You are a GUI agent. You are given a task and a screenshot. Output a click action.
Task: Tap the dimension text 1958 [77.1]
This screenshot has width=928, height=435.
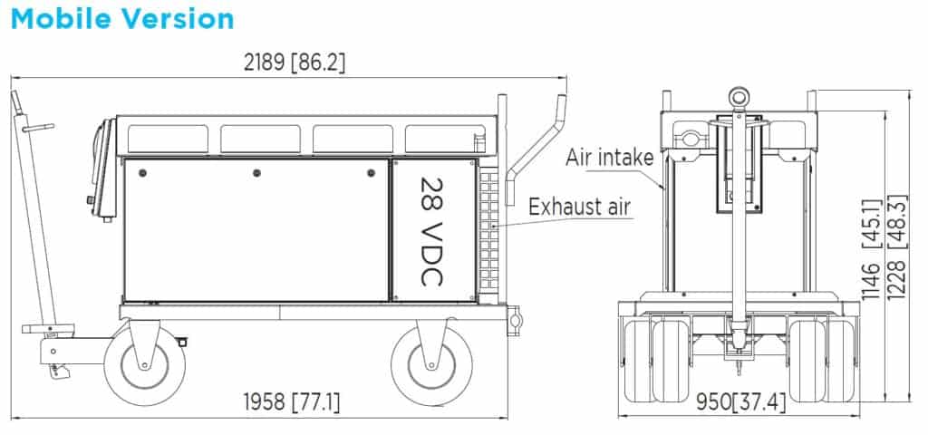292,401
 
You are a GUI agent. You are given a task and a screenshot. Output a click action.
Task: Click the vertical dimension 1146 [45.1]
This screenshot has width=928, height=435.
869,248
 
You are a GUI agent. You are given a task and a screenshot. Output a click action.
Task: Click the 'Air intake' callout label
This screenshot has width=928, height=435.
609,157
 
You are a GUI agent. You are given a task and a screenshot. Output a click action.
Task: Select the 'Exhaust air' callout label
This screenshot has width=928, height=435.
579,208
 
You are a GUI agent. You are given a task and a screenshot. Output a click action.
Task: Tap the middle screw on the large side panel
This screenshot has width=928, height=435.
256,172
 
